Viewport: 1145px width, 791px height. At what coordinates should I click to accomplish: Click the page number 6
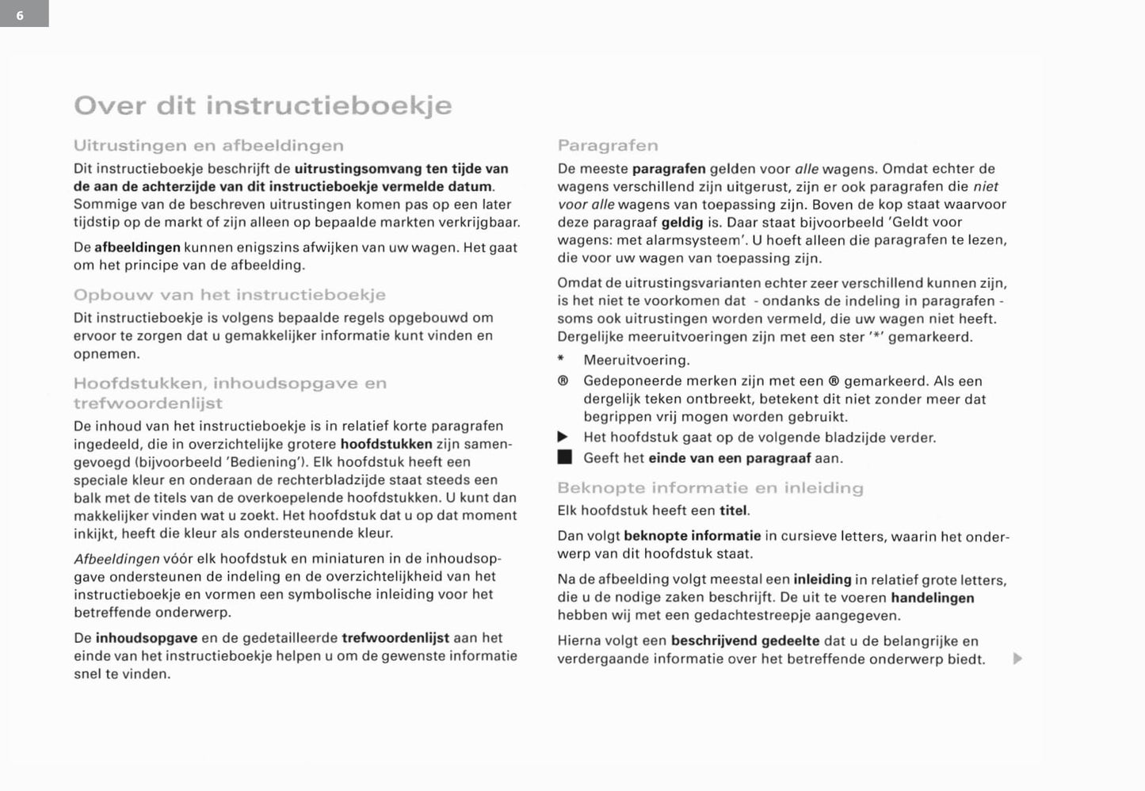coord(21,15)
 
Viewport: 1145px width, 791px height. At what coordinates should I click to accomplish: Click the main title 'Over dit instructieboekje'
coord(262,105)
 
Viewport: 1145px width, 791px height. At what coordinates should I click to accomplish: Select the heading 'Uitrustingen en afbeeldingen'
coord(208,146)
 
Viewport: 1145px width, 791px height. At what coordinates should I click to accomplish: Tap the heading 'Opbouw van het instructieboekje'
coord(229,295)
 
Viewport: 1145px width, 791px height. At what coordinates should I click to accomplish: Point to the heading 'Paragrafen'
coord(608,146)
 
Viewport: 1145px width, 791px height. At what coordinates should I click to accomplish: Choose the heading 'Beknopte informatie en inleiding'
coord(710,488)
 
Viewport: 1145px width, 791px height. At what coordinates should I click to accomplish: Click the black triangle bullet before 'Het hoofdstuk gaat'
coord(563,438)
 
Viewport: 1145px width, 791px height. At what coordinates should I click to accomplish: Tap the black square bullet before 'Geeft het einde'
coord(563,457)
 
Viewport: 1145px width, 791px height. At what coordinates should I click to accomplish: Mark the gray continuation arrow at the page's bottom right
coord(1017,659)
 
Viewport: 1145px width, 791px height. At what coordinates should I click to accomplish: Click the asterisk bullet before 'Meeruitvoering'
coord(562,360)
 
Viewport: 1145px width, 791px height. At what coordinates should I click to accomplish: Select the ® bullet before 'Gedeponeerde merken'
coord(563,381)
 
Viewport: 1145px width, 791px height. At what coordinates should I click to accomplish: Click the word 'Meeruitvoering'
coord(636,361)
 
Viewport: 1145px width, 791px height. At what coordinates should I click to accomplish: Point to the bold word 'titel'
coord(733,511)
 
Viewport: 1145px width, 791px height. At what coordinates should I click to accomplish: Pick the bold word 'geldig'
coord(681,223)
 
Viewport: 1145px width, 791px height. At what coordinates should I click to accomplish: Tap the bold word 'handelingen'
coord(932,598)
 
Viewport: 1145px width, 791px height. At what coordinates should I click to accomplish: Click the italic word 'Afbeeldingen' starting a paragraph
coord(116,560)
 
